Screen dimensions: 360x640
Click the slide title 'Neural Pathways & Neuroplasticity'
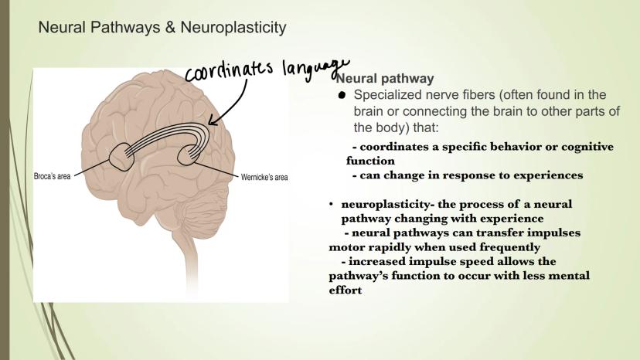coord(162,28)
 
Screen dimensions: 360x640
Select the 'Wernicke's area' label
coord(264,178)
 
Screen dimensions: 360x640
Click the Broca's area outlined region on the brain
coord(123,158)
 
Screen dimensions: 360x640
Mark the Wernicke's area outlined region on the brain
coord(191,154)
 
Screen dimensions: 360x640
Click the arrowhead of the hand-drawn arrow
coord(211,121)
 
